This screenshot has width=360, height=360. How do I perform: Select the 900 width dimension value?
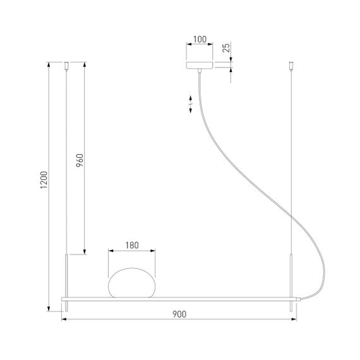point(179,315)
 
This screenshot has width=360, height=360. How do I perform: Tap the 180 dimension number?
point(132,244)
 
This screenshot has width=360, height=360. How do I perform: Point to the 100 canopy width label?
point(199,39)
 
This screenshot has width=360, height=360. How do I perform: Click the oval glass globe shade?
point(131,282)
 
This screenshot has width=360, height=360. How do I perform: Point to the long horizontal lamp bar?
point(179,297)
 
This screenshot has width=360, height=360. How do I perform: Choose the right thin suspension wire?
point(291,158)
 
